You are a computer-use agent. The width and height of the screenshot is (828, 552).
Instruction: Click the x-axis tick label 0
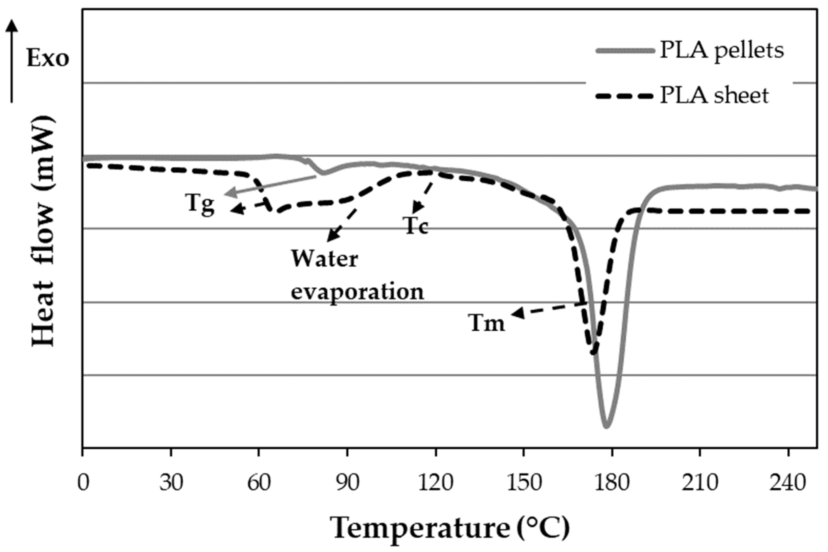(x=83, y=483)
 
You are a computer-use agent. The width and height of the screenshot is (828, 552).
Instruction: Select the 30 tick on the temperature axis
(x=171, y=483)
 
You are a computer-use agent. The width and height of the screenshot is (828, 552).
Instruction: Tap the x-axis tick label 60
(x=259, y=483)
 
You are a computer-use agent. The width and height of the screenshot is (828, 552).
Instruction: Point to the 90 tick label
(x=348, y=483)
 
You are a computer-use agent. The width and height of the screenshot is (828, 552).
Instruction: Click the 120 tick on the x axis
(x=436, y=483)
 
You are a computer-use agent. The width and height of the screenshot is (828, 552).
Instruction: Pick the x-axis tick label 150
(x=524, y=483)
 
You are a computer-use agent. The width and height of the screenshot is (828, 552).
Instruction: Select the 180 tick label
(x=612, y=483)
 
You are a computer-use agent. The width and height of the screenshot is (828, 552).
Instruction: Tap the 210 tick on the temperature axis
(x=701, y=483)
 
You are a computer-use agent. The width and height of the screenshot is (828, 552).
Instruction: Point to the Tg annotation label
(x=200, y=204)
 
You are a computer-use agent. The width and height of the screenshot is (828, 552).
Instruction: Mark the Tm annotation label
(x=487, y=322)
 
